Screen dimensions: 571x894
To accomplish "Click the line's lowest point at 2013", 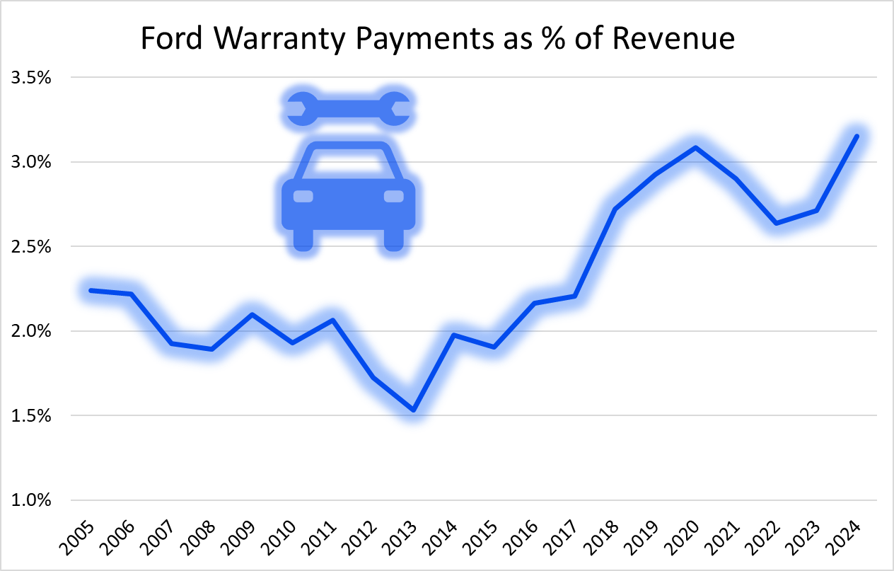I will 413,410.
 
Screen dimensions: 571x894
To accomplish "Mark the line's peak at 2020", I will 696,148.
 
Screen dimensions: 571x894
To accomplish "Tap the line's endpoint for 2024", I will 857,136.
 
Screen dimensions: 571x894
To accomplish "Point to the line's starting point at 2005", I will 91,290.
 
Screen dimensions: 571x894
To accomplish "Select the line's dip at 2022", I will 777,224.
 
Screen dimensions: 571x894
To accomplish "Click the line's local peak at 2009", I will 252,314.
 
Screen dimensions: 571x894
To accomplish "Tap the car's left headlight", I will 303,196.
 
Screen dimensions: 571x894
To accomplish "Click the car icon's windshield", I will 348,163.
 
